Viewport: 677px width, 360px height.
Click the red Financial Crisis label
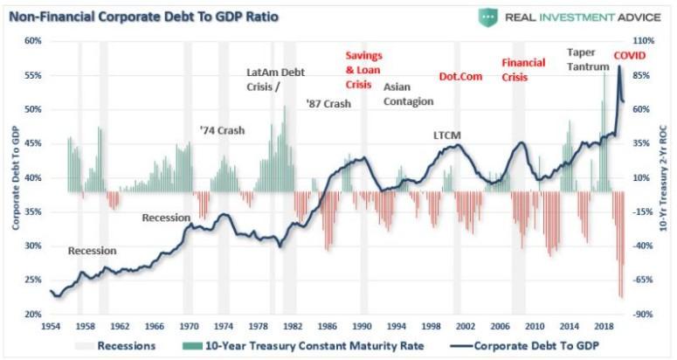pos(522,69)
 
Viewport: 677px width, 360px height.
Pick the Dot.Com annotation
pos(460,77)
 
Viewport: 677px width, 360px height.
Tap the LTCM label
pos(446,135)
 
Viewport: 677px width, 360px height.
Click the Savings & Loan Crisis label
pos(364,71)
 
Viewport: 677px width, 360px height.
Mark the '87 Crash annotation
pos(328,103)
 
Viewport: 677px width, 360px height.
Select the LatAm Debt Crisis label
pos(276,80)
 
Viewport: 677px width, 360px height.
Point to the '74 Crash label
pos(222,130)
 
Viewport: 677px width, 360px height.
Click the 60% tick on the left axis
pos(32,41)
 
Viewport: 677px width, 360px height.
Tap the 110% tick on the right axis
pos(642,41)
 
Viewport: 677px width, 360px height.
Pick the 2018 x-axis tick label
pos(602,326)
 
